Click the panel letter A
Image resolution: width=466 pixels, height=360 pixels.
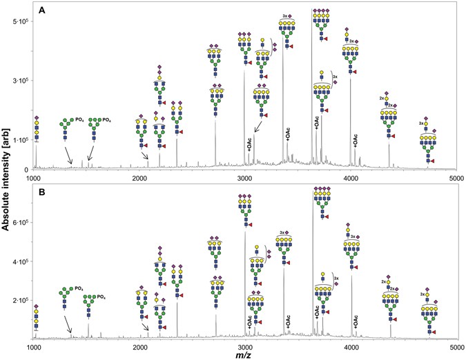pos(43,11)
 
